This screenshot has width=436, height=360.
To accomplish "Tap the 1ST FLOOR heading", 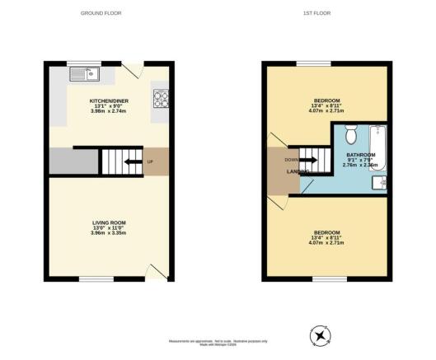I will [324, 14].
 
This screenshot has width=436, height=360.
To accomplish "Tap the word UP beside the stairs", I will [149, 161].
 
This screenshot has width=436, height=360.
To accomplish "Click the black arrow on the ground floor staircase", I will [131, 161].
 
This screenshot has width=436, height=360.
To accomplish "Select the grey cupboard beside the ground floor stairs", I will [73, 161].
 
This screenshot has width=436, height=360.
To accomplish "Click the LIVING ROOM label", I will [108, 222].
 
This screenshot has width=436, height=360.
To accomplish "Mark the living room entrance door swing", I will [154, 270].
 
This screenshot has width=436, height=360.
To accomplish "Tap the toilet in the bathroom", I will [350, 134].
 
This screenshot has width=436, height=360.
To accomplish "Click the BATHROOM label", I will [360, 155].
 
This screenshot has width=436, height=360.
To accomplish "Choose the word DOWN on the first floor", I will [291, 160].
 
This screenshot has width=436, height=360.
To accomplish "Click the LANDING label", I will [298, 171].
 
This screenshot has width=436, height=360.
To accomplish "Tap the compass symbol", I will [318, 334].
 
